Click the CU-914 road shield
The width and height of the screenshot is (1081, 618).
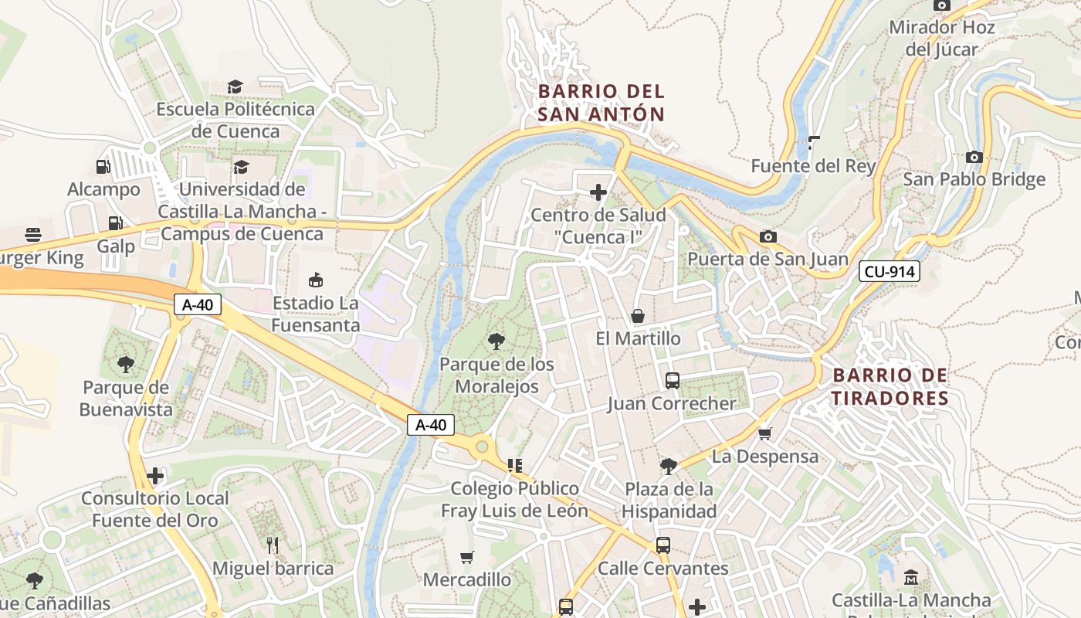[x=889, y=271]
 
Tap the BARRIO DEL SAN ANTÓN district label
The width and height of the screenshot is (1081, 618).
[x=601, y=103]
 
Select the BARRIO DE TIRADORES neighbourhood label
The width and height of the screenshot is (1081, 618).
[x=890, y=387]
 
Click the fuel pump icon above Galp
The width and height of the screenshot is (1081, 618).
[x=115, y=223]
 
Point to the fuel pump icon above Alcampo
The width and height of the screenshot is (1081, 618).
[x=103, y=166]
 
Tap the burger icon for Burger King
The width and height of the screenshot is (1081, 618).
[x=32, y=234]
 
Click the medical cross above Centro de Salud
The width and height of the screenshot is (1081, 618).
[x=598, y=192]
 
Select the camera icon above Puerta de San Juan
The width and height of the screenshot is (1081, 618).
[x=768, y=236]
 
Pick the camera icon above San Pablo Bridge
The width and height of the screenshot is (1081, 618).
[x=974, y=157]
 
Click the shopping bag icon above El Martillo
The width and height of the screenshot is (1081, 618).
[x=638, y=316]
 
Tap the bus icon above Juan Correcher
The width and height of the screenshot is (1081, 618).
[x=672, y=380]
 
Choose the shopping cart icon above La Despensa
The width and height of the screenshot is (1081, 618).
[x=764, y=433]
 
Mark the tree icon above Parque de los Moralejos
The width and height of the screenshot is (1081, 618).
[x=496, y=341]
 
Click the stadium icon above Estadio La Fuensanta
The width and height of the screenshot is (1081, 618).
[x=315, y=280]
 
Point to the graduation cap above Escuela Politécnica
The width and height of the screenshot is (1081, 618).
[x=235, y=87]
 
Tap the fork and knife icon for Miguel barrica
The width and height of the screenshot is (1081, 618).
[x=272, y=545]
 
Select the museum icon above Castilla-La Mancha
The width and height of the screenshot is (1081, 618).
[x=910, y=577]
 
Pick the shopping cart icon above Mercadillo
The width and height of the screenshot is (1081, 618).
[x=466, y=557]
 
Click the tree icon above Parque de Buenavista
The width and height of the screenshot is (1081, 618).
[x=125, y=364]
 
